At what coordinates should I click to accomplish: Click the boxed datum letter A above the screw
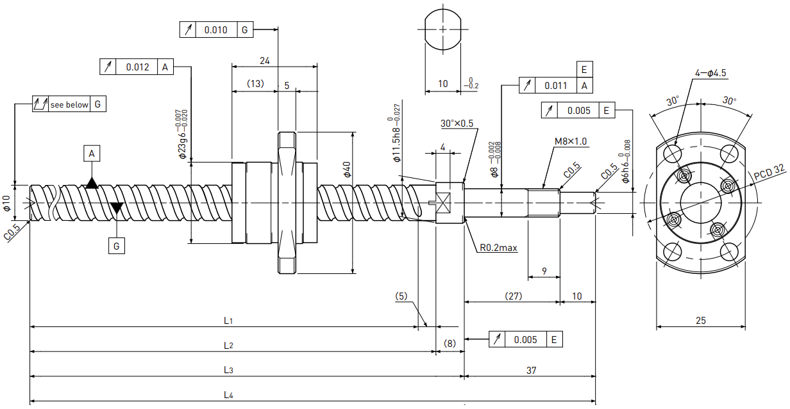92,154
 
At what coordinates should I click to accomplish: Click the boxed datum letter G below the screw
117,246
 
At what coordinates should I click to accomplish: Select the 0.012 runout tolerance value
137,67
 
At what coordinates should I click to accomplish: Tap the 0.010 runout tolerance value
216,30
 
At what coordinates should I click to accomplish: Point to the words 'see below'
69,104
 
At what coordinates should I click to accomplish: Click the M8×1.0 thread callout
571,141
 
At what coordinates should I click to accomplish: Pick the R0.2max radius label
498,248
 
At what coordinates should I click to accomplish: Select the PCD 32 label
769,172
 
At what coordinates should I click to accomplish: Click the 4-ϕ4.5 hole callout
710,73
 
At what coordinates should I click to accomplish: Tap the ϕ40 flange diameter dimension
347,170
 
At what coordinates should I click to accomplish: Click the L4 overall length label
228,394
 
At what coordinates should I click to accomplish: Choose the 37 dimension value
531,371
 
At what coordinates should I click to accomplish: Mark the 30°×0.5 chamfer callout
457,123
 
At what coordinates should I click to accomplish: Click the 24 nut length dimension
264,61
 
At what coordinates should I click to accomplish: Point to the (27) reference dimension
514,296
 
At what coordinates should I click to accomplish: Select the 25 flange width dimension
701,320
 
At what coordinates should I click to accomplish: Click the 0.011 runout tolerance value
556,86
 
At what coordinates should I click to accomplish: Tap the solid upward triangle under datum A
92,183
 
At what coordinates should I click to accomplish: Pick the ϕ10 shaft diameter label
6,203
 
